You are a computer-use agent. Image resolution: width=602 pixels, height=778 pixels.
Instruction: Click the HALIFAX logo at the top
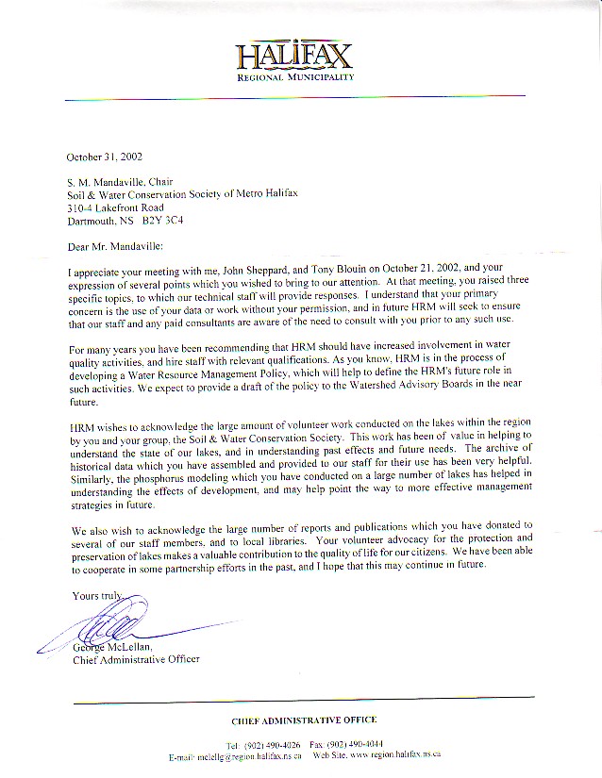click(x=294, y=54)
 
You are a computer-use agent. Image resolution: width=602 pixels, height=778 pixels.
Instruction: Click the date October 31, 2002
click(x=105, y=157)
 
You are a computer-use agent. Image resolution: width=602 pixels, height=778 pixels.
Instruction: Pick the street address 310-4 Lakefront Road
click(x=115, y=207)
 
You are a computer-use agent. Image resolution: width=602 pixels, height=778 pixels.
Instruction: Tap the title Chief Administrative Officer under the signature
click(x=136, y=659)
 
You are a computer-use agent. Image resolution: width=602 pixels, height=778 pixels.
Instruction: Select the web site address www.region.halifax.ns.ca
click(x=395, y=755)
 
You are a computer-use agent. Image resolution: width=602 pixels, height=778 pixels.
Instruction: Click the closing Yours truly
click(x=99, y=595)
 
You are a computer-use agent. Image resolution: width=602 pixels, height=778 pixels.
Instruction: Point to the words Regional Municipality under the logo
click(x=295, y=76)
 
